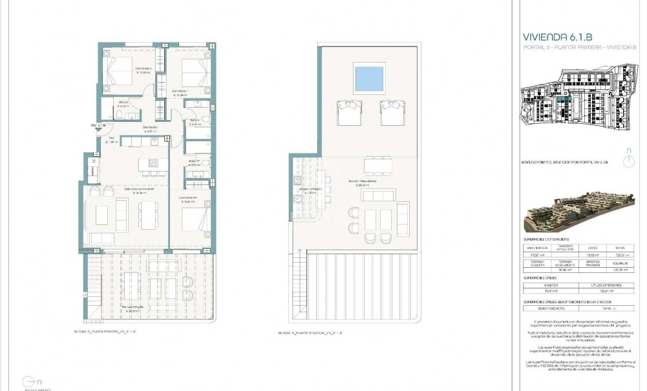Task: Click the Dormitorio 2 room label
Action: tap(143, 70)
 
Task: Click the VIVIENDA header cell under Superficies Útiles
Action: tap(551, 285)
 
